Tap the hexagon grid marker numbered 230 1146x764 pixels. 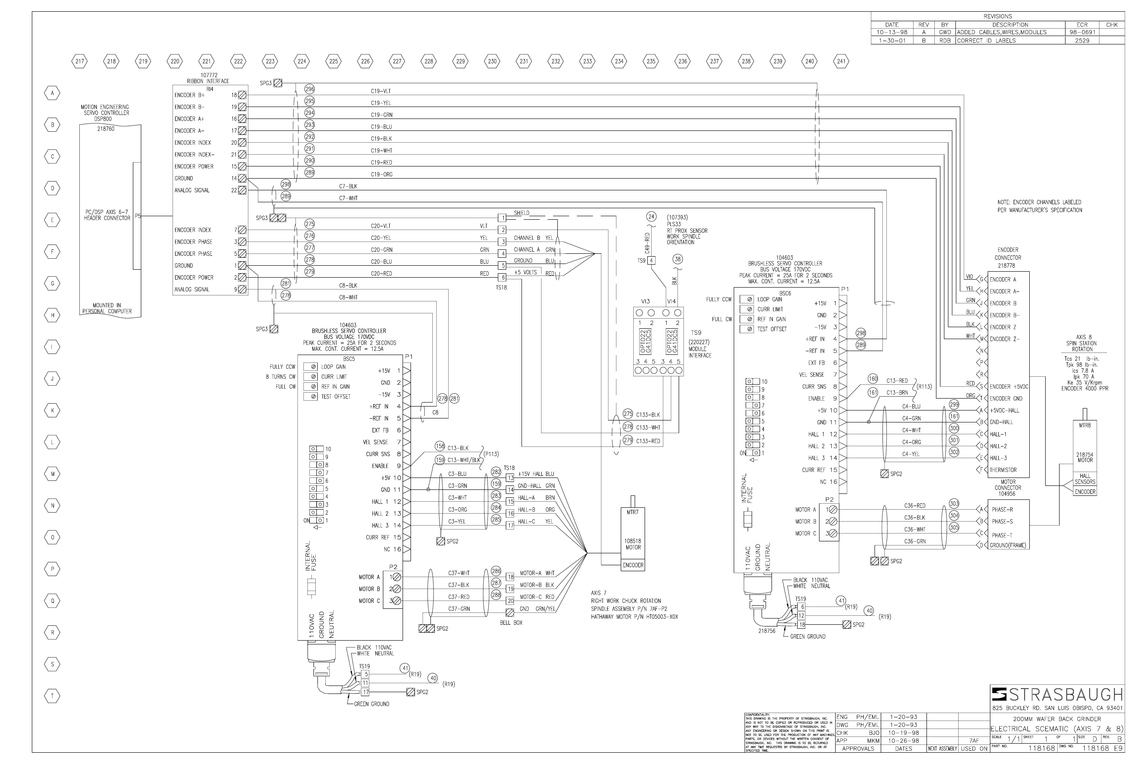pos(492,61)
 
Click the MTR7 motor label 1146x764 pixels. pos(632,512)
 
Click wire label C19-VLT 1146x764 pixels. pos(380,91)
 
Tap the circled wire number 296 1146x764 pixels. pos(309,89)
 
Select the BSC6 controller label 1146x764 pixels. pos(785,293)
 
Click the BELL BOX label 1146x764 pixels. pos(511,623)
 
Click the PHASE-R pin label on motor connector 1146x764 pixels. pos(1002,510)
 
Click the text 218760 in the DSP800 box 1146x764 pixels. pos(106,129)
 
